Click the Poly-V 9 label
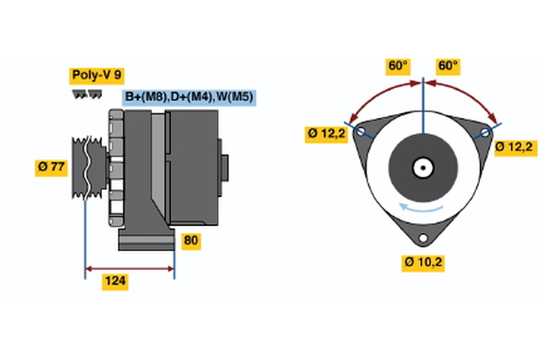(x=95, y=76)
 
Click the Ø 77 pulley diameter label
(x=52, y=166)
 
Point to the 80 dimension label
(x=191, y=241)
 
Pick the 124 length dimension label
(x=114, y=283)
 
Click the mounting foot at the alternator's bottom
(x=146, y=240)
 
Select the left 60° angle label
(x=398, y=67)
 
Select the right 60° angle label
(x=448, y=67)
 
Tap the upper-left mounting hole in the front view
(x=361, y=131)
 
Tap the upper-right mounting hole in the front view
(x=485, y=131)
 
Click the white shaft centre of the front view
(x=421, y=167)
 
